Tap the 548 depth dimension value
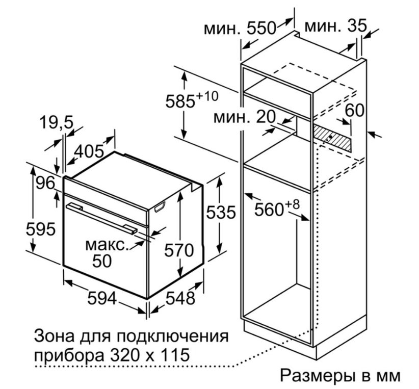[180, 298]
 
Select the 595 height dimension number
[41, 229]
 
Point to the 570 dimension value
[178, 250]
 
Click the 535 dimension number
[221, 213]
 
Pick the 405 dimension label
[89, 151]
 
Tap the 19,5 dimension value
[57, 123]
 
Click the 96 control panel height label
[45, 183]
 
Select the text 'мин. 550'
[240, 28]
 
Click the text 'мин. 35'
[336, 26]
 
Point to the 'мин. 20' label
[245, 117]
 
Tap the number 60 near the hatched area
[355, 110]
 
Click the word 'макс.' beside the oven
[107, 245]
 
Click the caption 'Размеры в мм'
[341, 375]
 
